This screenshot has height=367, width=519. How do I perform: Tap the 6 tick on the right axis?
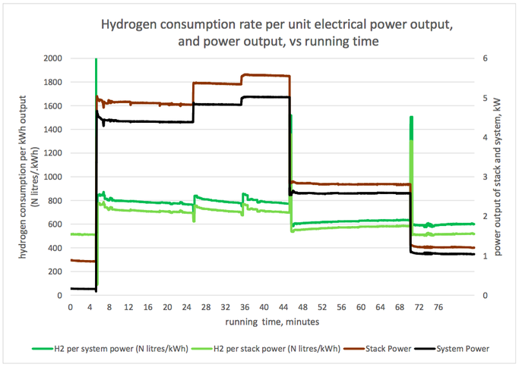[474, 58]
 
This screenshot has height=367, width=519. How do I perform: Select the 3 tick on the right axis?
[474, 177]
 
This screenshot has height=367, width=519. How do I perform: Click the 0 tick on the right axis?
[474, 295]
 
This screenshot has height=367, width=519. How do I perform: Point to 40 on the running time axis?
[264, 307]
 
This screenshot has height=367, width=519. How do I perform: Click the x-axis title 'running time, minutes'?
[271, 322]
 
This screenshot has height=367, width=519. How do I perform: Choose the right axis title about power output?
[498, 176]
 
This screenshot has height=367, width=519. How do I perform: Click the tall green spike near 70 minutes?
[411, 129]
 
